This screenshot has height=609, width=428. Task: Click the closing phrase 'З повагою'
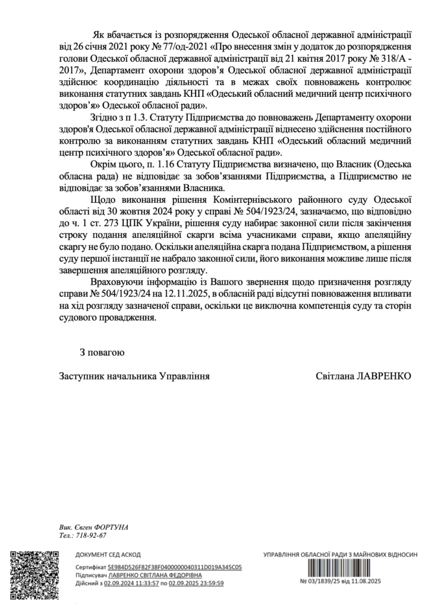click(102, 353)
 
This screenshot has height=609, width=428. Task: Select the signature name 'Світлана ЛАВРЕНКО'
click(364, 376)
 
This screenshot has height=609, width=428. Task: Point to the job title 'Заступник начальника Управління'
click(134, 376)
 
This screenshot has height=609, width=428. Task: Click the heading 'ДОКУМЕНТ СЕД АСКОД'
click(108, 555)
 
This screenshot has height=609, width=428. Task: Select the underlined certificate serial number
click(175, 568)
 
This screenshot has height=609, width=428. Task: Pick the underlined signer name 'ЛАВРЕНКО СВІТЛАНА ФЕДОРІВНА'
click(155, 576)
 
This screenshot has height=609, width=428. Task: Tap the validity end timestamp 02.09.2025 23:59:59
click(196, 584)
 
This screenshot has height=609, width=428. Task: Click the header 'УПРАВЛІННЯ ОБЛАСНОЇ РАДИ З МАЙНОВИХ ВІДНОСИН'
click(339, 554)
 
